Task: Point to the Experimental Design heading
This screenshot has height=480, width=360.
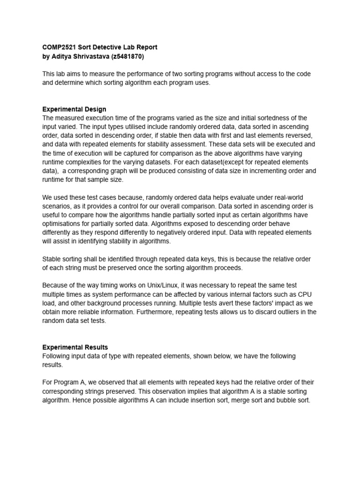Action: point(74,109)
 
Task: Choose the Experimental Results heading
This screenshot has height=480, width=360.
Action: point(75,347)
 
